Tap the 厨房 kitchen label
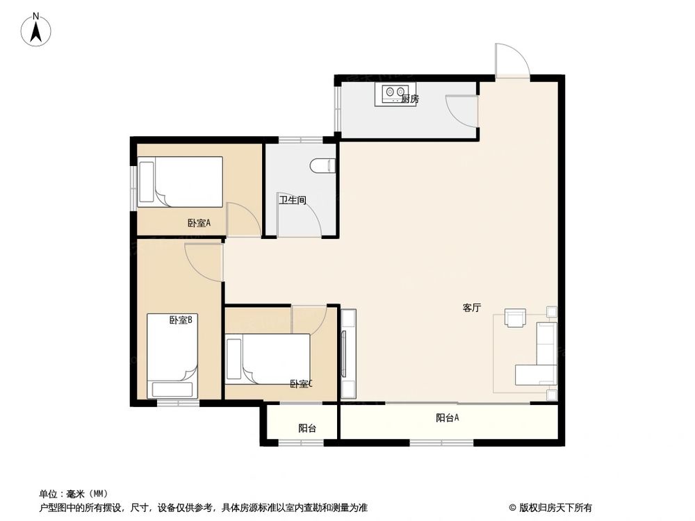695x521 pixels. click(x=410, y=99)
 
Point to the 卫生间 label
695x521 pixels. click(x=293, y=201)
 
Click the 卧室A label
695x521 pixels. click(x=199, y=223)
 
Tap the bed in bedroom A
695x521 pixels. click(x=180, y=182)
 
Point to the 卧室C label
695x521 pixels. click(x=302, y=383)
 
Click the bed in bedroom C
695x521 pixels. click(x=268, y=359)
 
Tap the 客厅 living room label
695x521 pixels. click(x=472, y=308)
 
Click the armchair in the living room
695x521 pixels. click(x=516, y=317)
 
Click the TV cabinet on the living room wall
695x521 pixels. click(x=347, y=354)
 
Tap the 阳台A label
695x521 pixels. click(x=448, y=417)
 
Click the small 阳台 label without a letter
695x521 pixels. click(x=307, y=429)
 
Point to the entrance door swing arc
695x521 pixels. click(x=514, y=60)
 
